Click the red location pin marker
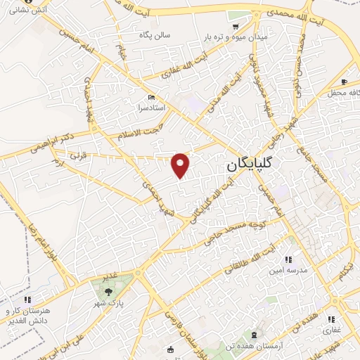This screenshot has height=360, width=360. [x=181, y=165]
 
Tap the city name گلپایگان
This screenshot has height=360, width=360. [x=251, y=167]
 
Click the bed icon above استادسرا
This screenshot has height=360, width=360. [x=152, y=98]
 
